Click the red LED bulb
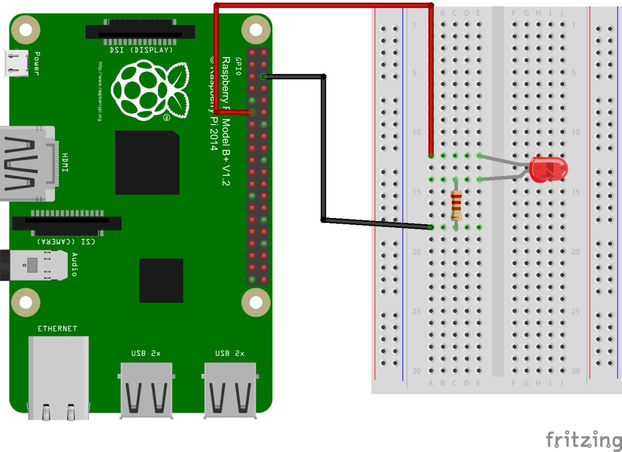point(549,170)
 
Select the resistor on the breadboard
point(456,204)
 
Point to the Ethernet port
point(58,376)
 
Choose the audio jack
point(36,265)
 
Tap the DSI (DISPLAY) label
point(141,50)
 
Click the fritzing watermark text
point(583,440)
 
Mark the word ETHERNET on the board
point(57,328)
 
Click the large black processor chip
point(147,162)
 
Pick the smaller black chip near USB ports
point(161,280)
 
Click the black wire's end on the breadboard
point(431,227)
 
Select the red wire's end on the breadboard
point(431,155)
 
